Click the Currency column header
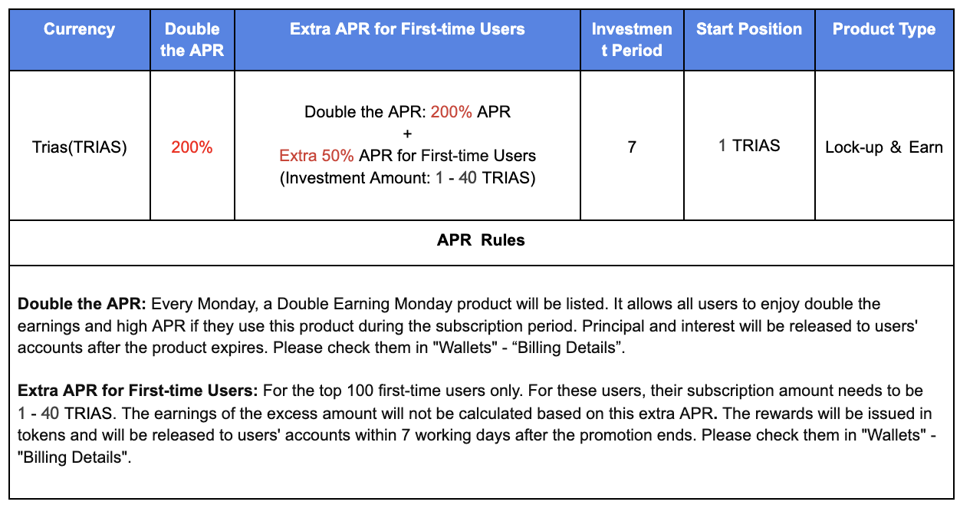coord(79,29)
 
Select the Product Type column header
coord(884,29)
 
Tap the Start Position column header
coord(748,29)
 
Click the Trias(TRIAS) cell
coord(79,147)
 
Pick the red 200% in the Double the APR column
coord(192,147)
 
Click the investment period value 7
coord(632,147)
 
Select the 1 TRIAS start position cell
coord(748,146)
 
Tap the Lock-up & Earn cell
coord(884,147)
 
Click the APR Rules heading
coord(481,240)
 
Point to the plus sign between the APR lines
coord(407,134)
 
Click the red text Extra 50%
coord(316,156)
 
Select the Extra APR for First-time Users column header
coord(407,29)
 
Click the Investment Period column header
coord(632,39)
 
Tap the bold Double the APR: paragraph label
coord(82,304)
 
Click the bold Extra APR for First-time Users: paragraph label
coord(137,391)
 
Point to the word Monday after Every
coord(227,304)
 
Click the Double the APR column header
coord(192,39)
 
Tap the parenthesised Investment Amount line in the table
coord(407,178)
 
